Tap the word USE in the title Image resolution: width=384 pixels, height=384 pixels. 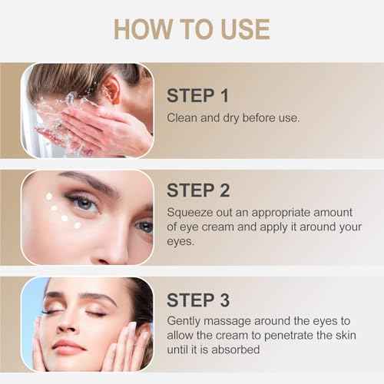pyautogui.click(x=239, y=28)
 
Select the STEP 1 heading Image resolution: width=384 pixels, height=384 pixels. pyautogui.click(x=198, y=95)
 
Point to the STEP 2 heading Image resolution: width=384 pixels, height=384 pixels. pyautogui.click(x=198, y=190)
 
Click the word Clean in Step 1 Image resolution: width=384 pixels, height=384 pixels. pyautogui.click(x=183, y=118)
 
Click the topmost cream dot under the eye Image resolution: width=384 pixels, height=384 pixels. pyautogui.click(x=49, y=197)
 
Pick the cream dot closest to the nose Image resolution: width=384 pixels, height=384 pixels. pyautogui.click(x=78, y=224)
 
